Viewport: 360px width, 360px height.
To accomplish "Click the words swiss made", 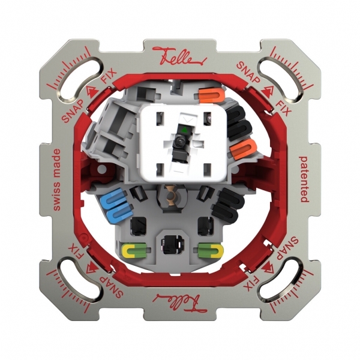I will pyautogui.click(x=57, y=179).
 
